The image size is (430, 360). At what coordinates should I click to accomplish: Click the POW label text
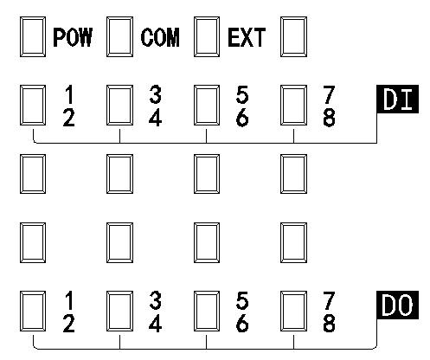[73, 37]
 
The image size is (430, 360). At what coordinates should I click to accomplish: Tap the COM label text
[160, 37]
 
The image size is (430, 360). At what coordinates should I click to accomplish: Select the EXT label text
[247, 37]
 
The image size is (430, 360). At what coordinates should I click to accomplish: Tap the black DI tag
[397, 99]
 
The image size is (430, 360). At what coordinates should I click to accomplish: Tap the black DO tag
[397, 305]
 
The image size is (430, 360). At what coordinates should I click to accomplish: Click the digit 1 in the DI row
[69, 94]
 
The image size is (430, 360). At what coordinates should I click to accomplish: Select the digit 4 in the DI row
[155, 118]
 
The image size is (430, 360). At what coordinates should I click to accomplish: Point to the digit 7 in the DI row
[329, 94]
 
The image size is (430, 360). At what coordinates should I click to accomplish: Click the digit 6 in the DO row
[242, 324]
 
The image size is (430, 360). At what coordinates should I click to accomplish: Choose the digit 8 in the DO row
[329, 324]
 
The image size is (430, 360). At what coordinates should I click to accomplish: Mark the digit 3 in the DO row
[156, 300]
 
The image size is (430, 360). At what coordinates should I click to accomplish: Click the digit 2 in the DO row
[68, 324]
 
